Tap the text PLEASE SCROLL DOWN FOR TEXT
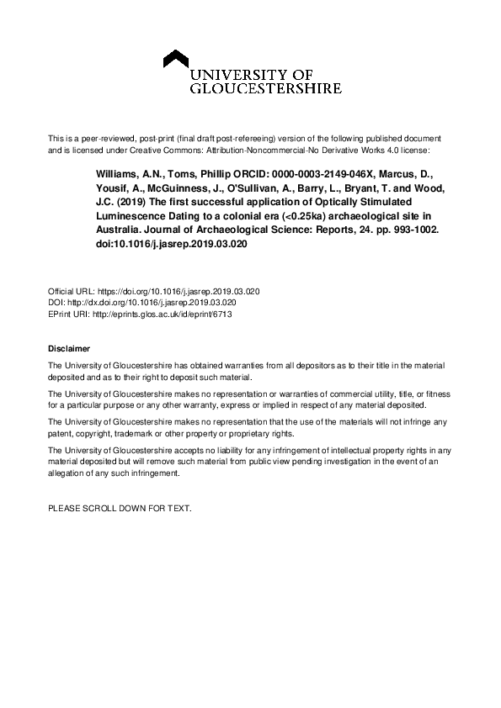(x=120, y=509)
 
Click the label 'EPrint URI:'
(x=70, y=313)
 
